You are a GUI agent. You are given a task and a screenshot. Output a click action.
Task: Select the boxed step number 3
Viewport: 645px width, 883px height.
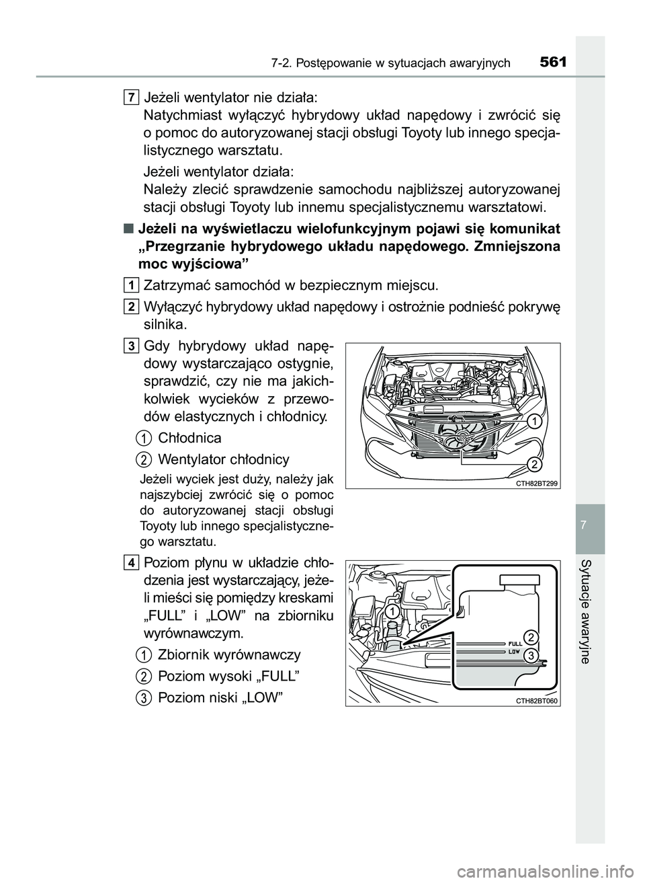coord(132,346)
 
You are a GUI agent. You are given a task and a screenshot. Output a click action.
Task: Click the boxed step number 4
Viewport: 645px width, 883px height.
coord(132,562)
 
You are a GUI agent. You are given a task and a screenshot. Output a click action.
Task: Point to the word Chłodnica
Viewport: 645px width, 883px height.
coord(189,438)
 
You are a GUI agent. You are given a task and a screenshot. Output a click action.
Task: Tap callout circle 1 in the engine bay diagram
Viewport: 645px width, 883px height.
coord(532,422)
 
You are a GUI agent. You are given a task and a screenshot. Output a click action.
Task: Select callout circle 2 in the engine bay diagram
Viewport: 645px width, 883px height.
coord(532,464)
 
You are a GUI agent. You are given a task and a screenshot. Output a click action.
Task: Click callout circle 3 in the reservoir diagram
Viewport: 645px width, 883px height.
coord(530,655)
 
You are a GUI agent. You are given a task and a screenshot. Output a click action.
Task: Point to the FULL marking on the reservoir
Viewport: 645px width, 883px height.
coord(515,644)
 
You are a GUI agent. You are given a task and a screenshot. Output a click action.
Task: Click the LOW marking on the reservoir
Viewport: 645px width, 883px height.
coord(514,651)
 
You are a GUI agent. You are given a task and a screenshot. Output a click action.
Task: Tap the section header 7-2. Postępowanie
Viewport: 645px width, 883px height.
coord(391,64)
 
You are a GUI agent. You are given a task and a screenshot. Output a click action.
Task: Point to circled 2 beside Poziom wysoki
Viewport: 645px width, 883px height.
coord(143,676)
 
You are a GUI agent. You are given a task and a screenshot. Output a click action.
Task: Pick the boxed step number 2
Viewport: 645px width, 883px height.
coord(132,307)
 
